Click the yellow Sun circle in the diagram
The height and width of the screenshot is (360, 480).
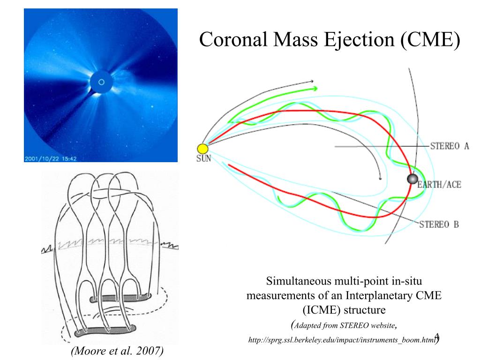[x=203, y=149]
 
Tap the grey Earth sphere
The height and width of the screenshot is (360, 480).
[x=412, y=179]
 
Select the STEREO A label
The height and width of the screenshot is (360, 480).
[x=450, y=146]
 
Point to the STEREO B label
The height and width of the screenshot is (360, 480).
[x=439, y=224]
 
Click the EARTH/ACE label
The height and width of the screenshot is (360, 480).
[x=439, y=185]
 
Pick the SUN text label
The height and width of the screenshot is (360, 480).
[x=203, y=159]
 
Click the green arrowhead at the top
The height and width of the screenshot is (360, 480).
[x=314, y=88]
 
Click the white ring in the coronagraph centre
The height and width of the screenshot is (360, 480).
[x=100, y=84]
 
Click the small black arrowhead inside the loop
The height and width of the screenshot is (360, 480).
[x=380, y=178]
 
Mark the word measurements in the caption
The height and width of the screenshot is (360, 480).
[x=276, y=296]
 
